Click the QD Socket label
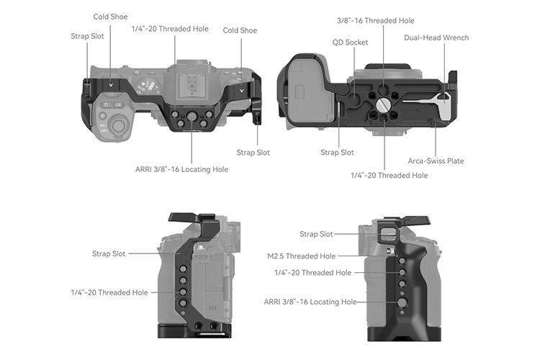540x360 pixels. point(350,42)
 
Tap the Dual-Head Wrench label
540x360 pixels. point(436,37)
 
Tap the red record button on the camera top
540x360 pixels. point(103,115)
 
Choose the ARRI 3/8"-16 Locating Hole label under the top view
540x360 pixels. point(181,169)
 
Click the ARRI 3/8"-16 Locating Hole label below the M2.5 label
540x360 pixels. point(310,302)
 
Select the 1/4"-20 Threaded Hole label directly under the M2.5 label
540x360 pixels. point(312,273)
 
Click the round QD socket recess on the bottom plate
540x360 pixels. point(358,89)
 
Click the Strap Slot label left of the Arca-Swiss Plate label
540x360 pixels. point(337,152)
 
